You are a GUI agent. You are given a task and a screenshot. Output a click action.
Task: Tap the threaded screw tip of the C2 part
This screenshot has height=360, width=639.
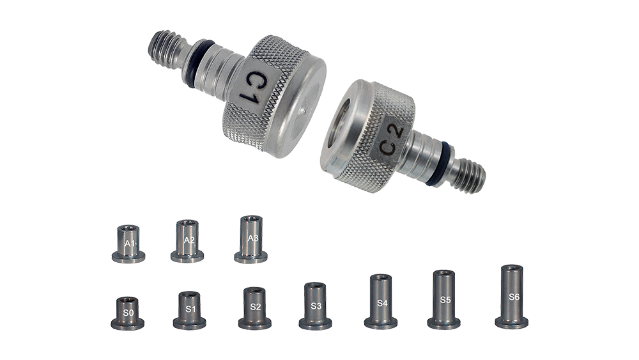coord(469,175)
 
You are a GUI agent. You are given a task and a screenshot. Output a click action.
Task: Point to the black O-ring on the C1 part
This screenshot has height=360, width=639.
coord(197,63)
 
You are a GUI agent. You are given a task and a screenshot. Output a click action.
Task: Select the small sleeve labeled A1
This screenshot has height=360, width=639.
coord(128,244)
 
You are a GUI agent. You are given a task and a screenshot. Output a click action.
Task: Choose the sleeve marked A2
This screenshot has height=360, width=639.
coord(187,241)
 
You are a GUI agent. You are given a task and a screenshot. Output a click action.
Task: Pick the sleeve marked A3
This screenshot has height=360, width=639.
coord(250,239)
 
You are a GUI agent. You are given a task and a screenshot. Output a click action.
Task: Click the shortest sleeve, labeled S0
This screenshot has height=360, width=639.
coord(128,313)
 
